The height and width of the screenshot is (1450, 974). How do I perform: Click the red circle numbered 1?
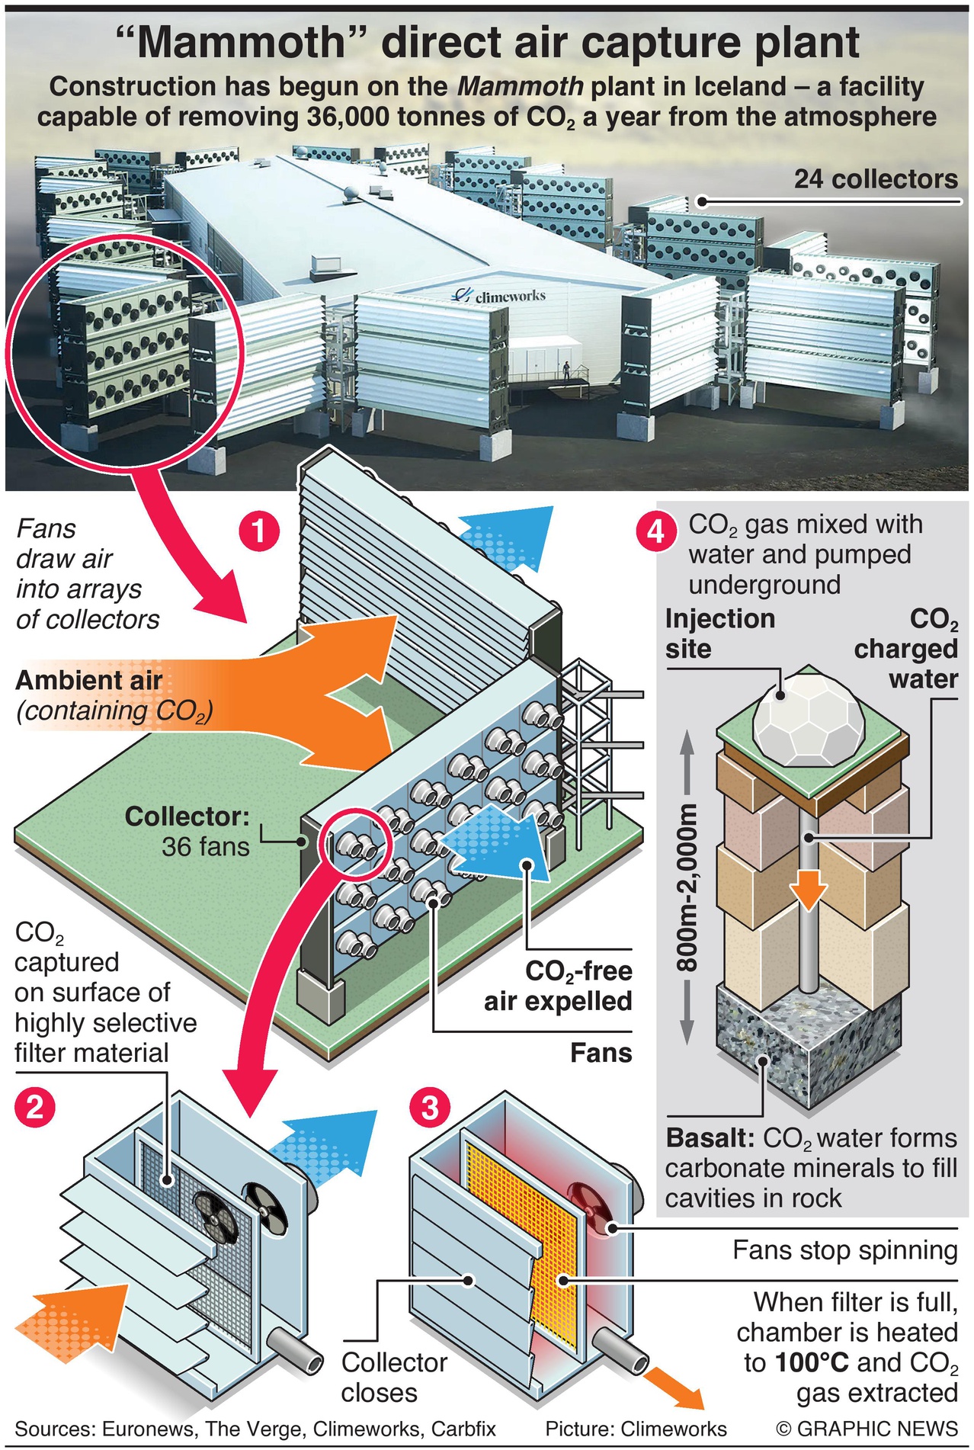click(x=260, y=531)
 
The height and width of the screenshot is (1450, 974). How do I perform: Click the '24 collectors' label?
click(x=876, y=179)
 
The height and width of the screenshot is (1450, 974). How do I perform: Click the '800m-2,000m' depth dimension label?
click(x=687, y=889)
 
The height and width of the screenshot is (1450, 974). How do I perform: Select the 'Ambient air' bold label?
click(x=89, y=680)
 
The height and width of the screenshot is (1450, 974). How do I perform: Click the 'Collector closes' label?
click(x=394, y=1377)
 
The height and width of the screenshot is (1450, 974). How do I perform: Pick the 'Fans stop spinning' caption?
click(x=844, y=1250)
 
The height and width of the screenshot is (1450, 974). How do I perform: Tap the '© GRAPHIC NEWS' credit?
click(x=867, y=1429)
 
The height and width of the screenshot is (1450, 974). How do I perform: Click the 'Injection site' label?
click(x=719, y=634)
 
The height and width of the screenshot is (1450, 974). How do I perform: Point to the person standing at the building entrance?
click(x=565, y=371)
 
